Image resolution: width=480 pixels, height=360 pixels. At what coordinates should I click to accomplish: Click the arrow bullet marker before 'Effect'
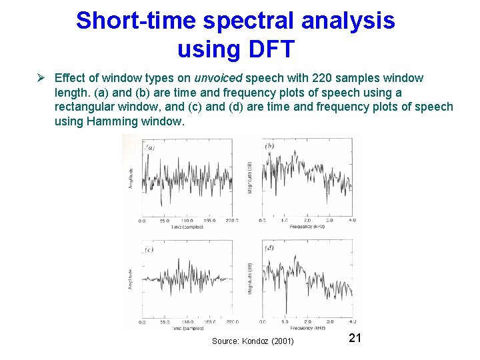[40, 79]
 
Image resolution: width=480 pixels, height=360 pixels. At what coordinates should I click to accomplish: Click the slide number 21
[355, 338]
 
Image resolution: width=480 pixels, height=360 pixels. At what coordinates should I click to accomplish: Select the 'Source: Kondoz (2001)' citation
[253, 341]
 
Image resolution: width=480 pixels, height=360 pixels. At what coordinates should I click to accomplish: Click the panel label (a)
[149, 147]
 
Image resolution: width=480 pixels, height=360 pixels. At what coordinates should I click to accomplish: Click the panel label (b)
[269, 146]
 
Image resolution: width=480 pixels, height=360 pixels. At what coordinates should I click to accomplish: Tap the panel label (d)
[269, 248]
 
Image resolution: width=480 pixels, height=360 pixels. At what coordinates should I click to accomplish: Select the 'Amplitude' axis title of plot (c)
[129, 281]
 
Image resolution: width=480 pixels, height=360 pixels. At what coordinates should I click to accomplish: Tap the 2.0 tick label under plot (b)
[307, 220]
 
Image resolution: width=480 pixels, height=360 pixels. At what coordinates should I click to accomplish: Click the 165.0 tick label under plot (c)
[210, 322]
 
